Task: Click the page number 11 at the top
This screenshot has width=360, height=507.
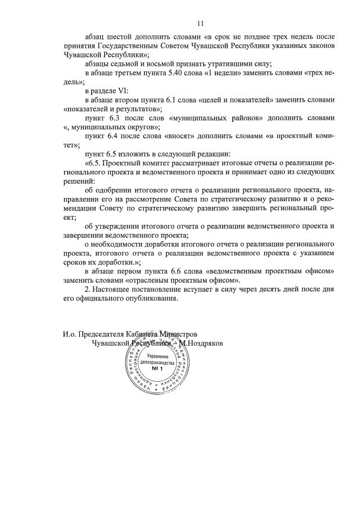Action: (200, 23)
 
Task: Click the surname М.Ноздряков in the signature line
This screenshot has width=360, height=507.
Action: (201, 343)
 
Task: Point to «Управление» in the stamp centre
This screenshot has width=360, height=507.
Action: (156, 356)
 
